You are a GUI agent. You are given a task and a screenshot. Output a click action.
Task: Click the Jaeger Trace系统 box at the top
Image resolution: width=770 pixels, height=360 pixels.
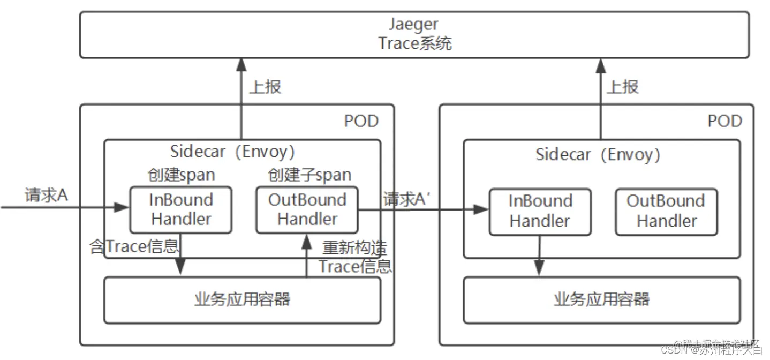pos(414,34)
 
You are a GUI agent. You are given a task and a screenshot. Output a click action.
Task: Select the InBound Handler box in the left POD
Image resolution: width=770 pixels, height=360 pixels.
pos(180,209)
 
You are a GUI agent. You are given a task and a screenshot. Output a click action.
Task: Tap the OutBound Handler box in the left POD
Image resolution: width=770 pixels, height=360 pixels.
pos(307,209)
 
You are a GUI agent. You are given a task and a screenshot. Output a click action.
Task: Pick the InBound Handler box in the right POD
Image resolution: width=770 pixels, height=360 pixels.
pos(540,211)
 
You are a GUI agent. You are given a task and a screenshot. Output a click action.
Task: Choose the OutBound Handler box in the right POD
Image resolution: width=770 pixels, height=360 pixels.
pos(666,211)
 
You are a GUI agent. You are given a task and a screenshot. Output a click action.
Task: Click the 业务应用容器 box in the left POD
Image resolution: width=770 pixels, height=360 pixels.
pos(242,299)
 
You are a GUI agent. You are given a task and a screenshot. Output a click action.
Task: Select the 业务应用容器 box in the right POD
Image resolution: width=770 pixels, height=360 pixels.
pos(601,299)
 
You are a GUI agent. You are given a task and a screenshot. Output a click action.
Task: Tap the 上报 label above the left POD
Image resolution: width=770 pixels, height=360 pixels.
pos(265,87)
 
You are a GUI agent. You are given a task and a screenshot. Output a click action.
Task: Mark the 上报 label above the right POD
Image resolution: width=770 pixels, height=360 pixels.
pos(623,87)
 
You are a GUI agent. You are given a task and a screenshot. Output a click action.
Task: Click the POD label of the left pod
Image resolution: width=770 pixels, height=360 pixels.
pos(361,121)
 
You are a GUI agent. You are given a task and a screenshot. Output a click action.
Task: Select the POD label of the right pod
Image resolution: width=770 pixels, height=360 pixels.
pos(724,121)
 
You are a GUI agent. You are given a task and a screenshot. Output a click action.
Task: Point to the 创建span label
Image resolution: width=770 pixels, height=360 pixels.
pos(181,175)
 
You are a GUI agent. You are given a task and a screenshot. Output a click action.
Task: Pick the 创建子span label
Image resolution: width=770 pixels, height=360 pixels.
pos(309,175)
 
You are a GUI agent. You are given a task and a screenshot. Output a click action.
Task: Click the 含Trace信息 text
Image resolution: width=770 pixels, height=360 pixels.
pos(134,246)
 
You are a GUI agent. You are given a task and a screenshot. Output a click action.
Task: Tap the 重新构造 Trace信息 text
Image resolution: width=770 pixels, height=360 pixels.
pos(354,257)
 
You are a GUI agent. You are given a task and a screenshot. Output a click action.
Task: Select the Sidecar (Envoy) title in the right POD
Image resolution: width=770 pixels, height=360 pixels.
pos(598,155)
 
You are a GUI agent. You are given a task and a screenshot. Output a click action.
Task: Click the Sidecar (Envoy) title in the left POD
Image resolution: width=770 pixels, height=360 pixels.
pos(233,152)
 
